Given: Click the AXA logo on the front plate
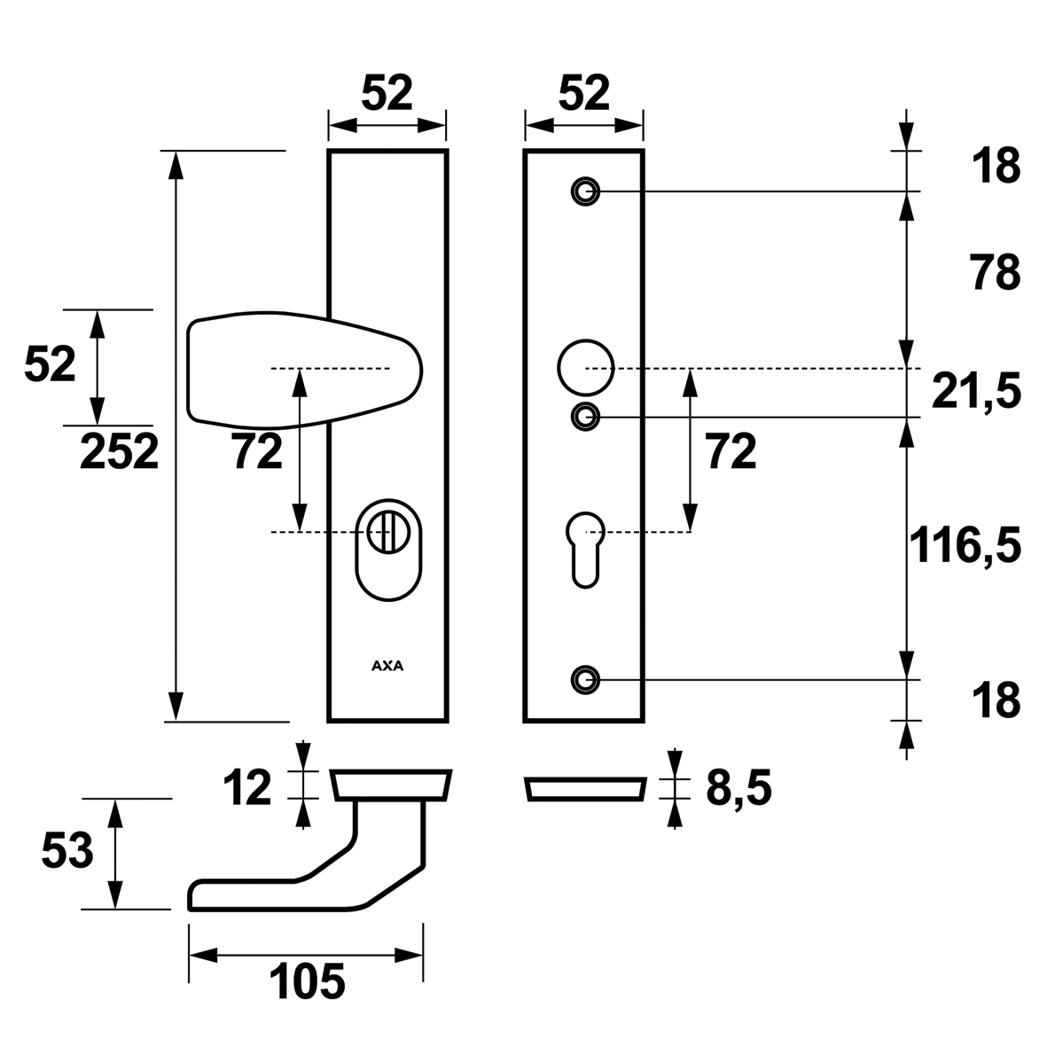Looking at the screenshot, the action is pyautogui.click(x=387, y=666).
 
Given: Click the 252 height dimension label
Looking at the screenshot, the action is pyautogui.click(x=120, y=451).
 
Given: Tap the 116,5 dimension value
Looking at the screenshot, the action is pyautogui.click(x=965, y=545).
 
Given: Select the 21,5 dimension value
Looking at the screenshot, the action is pyautogui.click(x=976, y=392).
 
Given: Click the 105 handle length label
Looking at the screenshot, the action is pyautogui.click(x=307, y=981).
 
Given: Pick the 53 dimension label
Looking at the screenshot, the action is pyautogui.click(x=67, y=851).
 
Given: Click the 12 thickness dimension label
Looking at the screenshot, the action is pyautogui.click(x=247, y=788).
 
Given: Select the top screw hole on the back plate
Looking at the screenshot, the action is pyautogui.click(x=586, y=191).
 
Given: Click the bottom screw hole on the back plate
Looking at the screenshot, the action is pyautogui.click(x=586, y=680).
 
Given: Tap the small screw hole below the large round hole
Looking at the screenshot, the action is pyautogui.click(x=586, y=418).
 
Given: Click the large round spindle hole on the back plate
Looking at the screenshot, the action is pyautogui.click(x=586, y=368).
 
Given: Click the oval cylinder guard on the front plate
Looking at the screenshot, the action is pyautogui.click(x=388, y=551).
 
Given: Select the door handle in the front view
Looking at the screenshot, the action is pyautogui.click(x=304, y=369).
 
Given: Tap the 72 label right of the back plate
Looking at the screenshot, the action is pyautogui.click(x=731, y=451).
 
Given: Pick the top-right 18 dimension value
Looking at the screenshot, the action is pyautogui.click(x=996, y=166).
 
